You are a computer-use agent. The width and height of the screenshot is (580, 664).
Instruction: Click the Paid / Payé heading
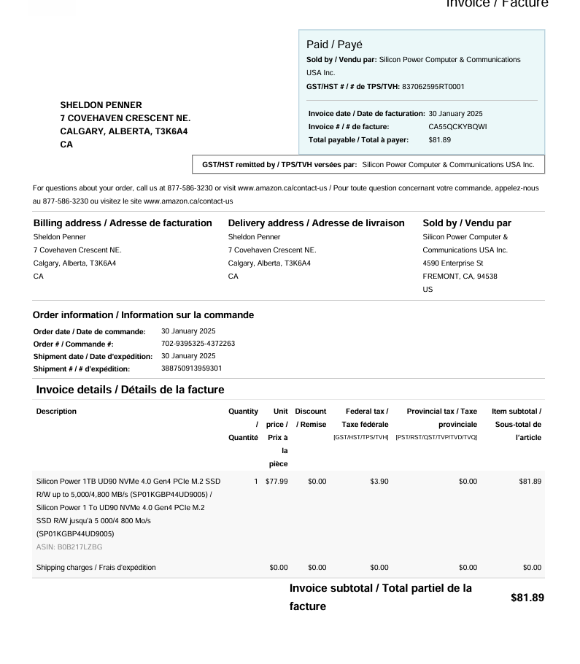click(334, 45)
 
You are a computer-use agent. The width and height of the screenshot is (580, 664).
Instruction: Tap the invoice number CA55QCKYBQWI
click(457, 127)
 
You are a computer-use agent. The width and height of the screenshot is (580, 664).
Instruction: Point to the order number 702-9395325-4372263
click(198, 344)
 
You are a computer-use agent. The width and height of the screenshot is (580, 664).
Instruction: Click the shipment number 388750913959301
click(191, 368)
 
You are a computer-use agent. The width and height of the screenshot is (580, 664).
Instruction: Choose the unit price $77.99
click(277, 482)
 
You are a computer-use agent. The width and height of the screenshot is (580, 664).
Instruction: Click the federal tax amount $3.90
click(379, 482)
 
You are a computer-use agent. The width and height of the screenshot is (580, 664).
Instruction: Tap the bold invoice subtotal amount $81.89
click(527, 598)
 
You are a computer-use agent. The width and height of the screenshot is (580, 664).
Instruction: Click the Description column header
click(56, 412)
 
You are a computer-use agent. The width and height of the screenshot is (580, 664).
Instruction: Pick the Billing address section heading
click(123, 223)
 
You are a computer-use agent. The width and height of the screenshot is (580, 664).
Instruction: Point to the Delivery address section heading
click(316, 223)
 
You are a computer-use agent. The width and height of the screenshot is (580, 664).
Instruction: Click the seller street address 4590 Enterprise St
click(452, 263)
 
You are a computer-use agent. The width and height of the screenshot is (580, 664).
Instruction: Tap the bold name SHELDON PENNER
click(101, 105)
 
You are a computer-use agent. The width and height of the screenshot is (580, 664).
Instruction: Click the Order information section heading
click(143, 315)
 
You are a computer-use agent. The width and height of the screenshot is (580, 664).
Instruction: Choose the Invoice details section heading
click(130, 390)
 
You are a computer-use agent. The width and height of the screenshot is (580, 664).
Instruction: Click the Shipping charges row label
click(96, 568)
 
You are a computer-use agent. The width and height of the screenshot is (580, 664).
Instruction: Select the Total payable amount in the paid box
click(439, 140)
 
